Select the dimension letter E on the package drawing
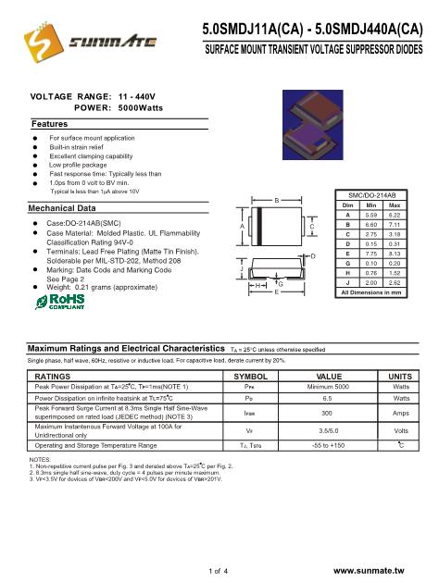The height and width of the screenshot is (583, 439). click(x=275, y=291)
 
